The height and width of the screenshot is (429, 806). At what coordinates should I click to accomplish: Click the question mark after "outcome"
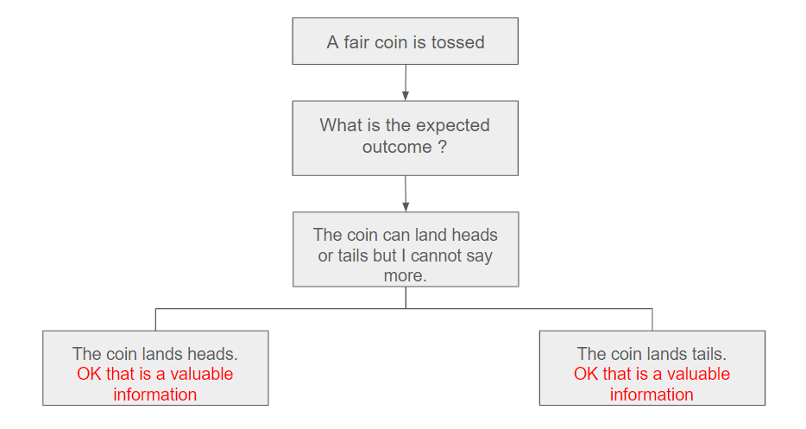tap(442, 147)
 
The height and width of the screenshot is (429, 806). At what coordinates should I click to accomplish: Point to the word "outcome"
tap(397, 147)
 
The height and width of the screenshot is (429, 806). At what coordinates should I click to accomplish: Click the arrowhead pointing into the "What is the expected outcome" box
tap(405, 96)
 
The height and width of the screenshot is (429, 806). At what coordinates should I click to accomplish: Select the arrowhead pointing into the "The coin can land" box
tap(406, 207)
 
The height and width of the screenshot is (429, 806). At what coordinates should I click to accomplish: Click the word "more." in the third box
tap(405, 275)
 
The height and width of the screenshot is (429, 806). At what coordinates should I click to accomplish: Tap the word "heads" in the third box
tap(475, 235)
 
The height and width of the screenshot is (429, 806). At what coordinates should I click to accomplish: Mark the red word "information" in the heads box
tap(154, 394)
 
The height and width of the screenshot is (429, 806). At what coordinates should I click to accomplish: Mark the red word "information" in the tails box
tap(652, 394)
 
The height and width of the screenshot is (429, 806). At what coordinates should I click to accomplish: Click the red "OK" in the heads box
tap(90, 374)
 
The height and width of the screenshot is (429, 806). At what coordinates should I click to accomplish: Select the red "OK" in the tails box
tap(586, 374)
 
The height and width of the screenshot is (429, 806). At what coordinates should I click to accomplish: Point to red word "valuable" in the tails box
tap(698, 374)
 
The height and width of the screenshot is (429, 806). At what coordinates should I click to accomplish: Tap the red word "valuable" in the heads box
tap(202, 374)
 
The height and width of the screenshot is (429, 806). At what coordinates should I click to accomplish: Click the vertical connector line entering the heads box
tap(155, 320)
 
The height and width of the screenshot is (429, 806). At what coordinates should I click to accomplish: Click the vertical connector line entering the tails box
tap(652, 320)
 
